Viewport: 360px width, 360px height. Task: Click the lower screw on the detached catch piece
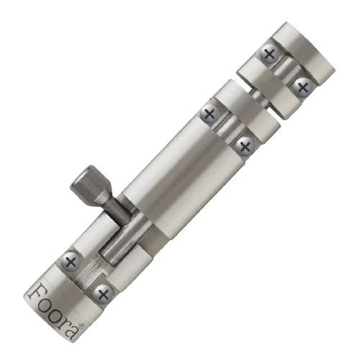click(x=302, y=88)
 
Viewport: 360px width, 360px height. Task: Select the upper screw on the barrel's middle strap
click(x=210, y=113)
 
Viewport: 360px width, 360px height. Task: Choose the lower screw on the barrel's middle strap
click(x=244, y=146)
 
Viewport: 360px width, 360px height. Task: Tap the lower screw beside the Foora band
click(x=103, y=293)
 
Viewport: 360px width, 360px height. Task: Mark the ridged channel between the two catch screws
click(x=286, y=71)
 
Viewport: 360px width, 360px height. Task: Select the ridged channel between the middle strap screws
click(x=227, y=130)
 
